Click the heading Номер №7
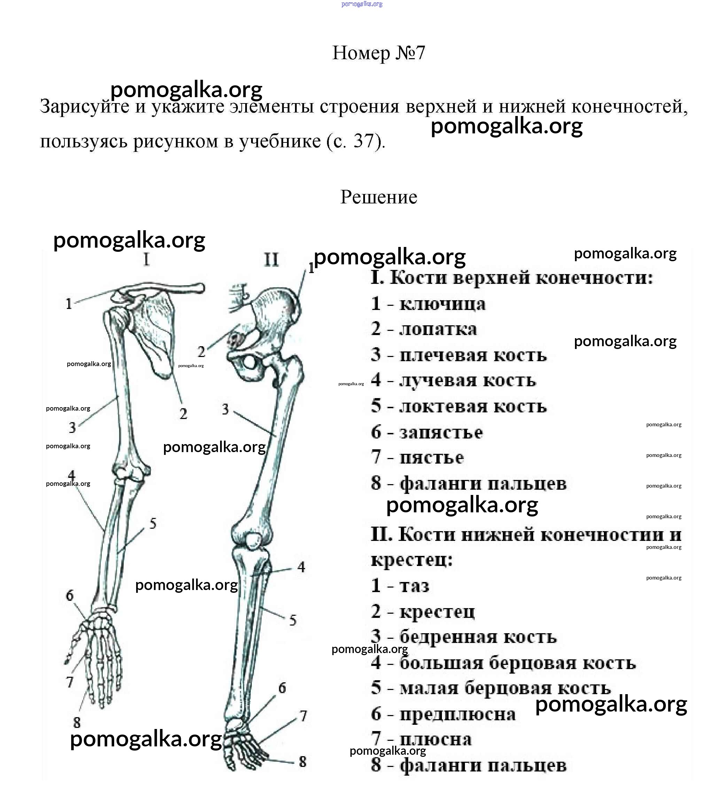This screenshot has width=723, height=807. point(378,53)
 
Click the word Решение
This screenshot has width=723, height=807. point(379,197)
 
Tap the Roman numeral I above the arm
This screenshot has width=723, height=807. point(147,260)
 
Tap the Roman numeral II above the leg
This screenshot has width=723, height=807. point(271,260)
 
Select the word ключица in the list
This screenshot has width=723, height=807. point(442,304)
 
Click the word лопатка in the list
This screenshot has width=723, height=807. point(438,329)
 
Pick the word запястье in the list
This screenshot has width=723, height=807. point(441,432)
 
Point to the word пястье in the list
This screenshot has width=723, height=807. point(432,458)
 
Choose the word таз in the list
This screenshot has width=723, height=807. point(414,586)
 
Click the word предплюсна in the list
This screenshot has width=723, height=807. point(457,714)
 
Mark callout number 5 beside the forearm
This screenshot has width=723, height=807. point(153,524)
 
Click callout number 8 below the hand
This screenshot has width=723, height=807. point(77,722)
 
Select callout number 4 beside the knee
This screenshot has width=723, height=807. point(301,567)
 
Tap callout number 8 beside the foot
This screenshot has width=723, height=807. point(302,762)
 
